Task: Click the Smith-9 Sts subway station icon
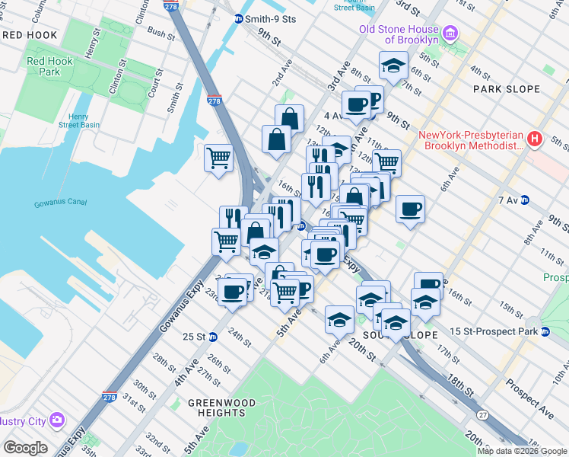(238, 18)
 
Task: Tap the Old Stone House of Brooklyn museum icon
(450, 34)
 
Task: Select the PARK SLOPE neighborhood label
(506, 89)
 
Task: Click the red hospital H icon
(535, 139)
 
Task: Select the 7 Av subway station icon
(525, 200)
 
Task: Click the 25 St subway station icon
(213, 336)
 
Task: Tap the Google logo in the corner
(25, 448)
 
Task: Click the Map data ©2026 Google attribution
(522, 451)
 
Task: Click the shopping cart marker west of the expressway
(218, 158)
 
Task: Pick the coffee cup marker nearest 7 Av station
(410, 209)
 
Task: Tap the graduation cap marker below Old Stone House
(393, 66)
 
